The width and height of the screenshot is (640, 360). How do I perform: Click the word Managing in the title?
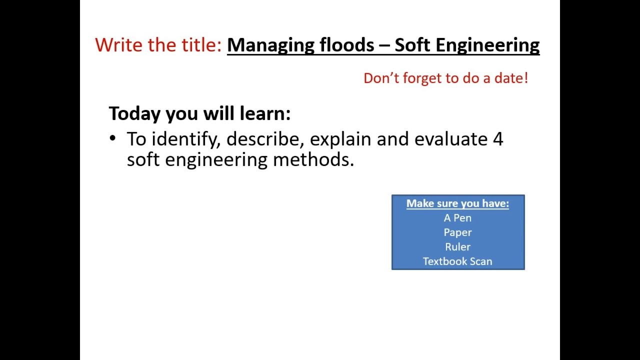pyautogui.click(x=270, y=45)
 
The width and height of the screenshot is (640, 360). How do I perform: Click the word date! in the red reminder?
pyautogui.click(x=511, y=78)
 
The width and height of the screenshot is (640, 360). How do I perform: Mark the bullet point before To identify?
pyautogui.click(x=112, y=138)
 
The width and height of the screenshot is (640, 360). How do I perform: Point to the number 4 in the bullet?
pyautogui.click(x=497, y=139)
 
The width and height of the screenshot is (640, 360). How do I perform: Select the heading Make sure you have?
pyautogui.click(x=457, y=203)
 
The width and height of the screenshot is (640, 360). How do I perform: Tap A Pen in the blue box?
pyautogui.click(x=457, y=218)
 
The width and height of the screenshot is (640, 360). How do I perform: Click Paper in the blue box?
pyautogui.click(x=457, y=232)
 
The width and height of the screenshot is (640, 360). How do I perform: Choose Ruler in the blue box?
pyautogui.click(x=457, y=247)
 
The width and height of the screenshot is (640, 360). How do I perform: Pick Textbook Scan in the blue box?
pyautogui.click(x=457, y=261)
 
